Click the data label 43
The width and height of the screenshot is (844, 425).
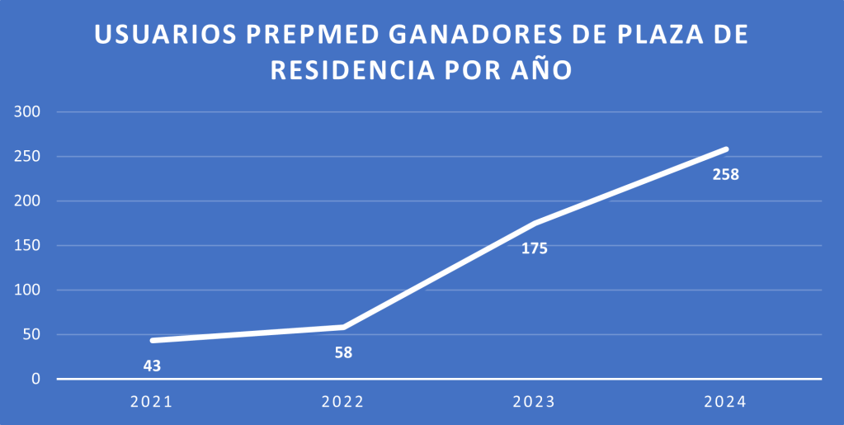[x=152, y=366]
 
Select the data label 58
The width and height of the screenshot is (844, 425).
[x=343, y=352]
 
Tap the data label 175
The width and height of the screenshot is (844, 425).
[x=535, y=248]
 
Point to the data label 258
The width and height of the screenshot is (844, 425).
[x=726, y=175]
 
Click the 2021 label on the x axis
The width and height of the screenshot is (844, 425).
[x=151, y=402]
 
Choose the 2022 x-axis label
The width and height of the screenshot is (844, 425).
[x=342, y=402]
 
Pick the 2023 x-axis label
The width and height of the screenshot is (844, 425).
[x=534, y=402]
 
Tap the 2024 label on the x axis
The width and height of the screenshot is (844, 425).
[x=725, y=402]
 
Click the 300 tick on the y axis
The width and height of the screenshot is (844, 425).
[x=26, y=112]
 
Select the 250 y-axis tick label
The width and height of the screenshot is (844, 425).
[x=26, y=157]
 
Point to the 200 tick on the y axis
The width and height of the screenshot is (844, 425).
[x=26, y=201]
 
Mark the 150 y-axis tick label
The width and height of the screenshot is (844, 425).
[x=26, y=246]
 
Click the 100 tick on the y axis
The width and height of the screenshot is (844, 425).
[x=26, y=290]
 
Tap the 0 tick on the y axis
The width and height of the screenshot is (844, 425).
[x=35, y=380]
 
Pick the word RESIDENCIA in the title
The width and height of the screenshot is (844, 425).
[x=353, y=70]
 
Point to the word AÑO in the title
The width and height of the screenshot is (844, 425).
[x=541, y=70]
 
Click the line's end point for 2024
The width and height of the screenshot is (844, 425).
[x=726, y=149]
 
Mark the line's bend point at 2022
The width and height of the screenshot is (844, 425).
[x=343, y=328]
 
